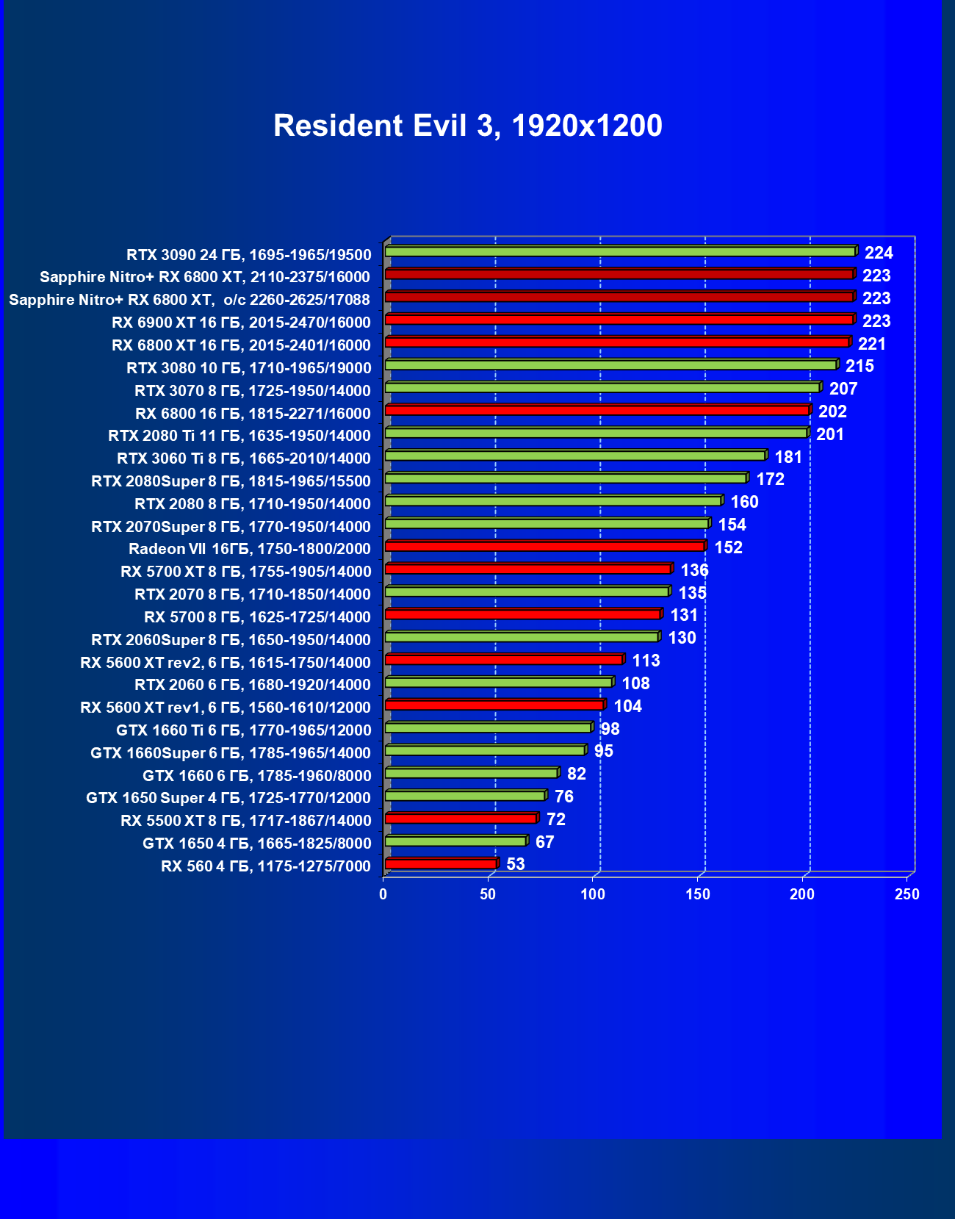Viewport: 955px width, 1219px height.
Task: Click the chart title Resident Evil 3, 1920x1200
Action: pos(468,126)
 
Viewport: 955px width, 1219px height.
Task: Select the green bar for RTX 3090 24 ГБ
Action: pos(620,251)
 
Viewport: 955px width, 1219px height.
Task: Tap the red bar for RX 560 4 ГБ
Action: pos(441,863)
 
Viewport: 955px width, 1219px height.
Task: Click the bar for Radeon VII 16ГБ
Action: pos(544,546)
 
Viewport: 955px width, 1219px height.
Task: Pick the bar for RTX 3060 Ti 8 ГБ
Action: pos(574,456)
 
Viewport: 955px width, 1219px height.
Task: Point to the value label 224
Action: pos(879,253)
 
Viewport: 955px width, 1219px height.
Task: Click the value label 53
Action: pos(516,864)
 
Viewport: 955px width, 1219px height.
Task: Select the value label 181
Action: pos(788,457)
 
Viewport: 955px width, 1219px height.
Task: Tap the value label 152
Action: pos(728,547)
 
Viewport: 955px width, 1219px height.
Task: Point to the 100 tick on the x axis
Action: pos(593,894)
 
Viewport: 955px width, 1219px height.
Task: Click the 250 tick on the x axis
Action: pos(907,894)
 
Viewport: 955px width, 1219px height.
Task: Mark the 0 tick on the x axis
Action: pos(383,894)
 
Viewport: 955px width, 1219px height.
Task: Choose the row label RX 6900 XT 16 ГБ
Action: pos(241,323)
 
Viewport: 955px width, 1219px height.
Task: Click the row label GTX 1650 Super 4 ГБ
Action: pos(228,798)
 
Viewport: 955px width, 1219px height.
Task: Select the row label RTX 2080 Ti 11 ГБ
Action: pos(239,436)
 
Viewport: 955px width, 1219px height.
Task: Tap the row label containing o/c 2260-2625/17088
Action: pos(190,300)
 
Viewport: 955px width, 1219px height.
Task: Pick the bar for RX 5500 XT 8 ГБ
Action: pos(461,818)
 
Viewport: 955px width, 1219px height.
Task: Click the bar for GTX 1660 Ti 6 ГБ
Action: pos(488,727)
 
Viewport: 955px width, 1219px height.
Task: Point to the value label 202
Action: pos(832,411)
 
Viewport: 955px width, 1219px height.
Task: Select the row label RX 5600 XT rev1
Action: pos(226,708)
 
